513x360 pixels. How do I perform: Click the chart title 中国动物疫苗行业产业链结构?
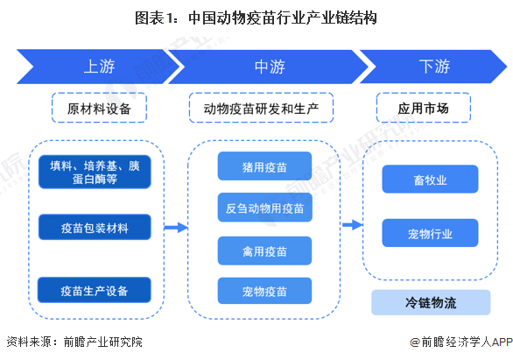click(x=256, y=18)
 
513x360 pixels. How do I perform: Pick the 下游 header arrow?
click(x=433, y=67)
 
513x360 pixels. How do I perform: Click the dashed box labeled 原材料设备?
click(x=98, y=109)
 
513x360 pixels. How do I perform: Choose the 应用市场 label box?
click(x=430, y=109)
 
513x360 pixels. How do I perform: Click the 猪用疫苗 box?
click(x=264, y=166)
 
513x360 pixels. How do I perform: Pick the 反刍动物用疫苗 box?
click(x=264, y=208)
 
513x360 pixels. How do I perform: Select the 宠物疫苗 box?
click(x=264, y=290)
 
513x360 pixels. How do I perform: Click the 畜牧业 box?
click(x=430, y=180)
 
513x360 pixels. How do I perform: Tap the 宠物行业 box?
click(x=430, y=234)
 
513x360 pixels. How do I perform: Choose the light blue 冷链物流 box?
click(x=430, y=302)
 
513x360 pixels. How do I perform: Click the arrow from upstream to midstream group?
click(x=176, y=228)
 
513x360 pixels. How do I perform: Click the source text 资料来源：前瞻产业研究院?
click(x=74, y=342)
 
